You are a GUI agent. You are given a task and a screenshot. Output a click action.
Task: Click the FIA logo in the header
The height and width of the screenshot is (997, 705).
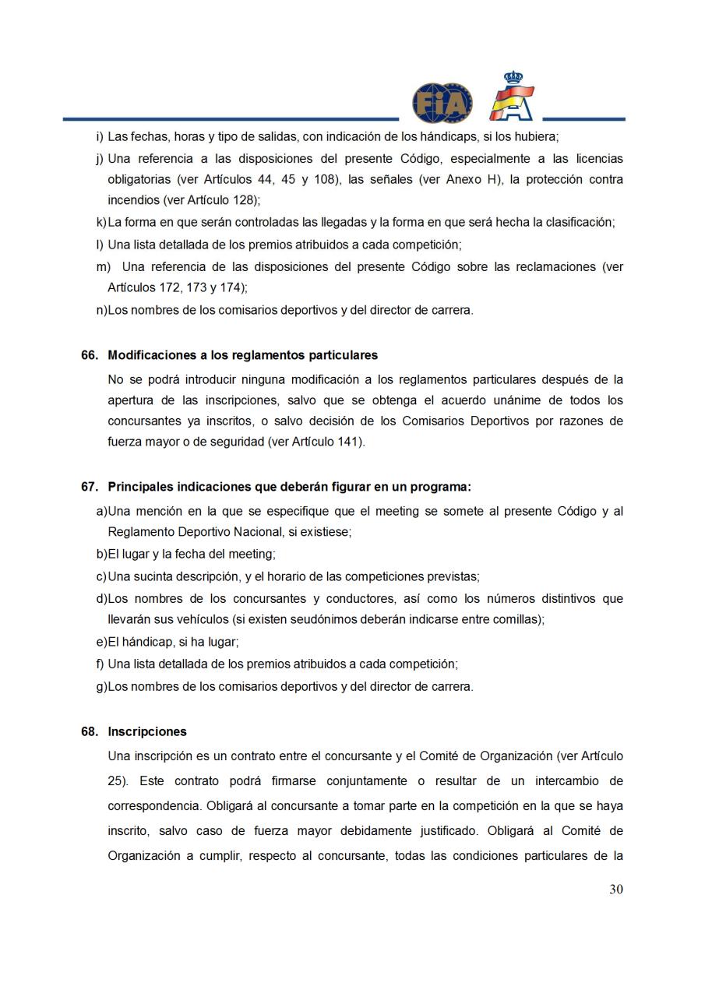tap(442, 103)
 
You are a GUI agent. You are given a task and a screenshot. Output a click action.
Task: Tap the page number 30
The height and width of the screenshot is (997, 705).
tap(615, 890)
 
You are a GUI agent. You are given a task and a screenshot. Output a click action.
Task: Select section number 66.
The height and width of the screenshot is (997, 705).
tap(90, 355)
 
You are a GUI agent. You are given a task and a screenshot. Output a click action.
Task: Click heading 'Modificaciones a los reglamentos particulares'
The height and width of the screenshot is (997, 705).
tap(242, 355)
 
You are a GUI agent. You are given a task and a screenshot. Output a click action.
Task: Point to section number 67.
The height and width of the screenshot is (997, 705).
tap(90, 487)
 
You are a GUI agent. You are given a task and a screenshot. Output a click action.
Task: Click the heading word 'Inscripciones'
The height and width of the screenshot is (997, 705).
tap(147, 732)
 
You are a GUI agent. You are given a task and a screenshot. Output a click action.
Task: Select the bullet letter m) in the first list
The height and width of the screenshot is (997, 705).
tap(103, 266)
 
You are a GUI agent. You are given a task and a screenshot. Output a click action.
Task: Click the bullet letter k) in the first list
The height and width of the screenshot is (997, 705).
tap(100, 223)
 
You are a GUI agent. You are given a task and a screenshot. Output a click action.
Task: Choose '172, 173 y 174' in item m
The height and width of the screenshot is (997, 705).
tap(203, 287)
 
